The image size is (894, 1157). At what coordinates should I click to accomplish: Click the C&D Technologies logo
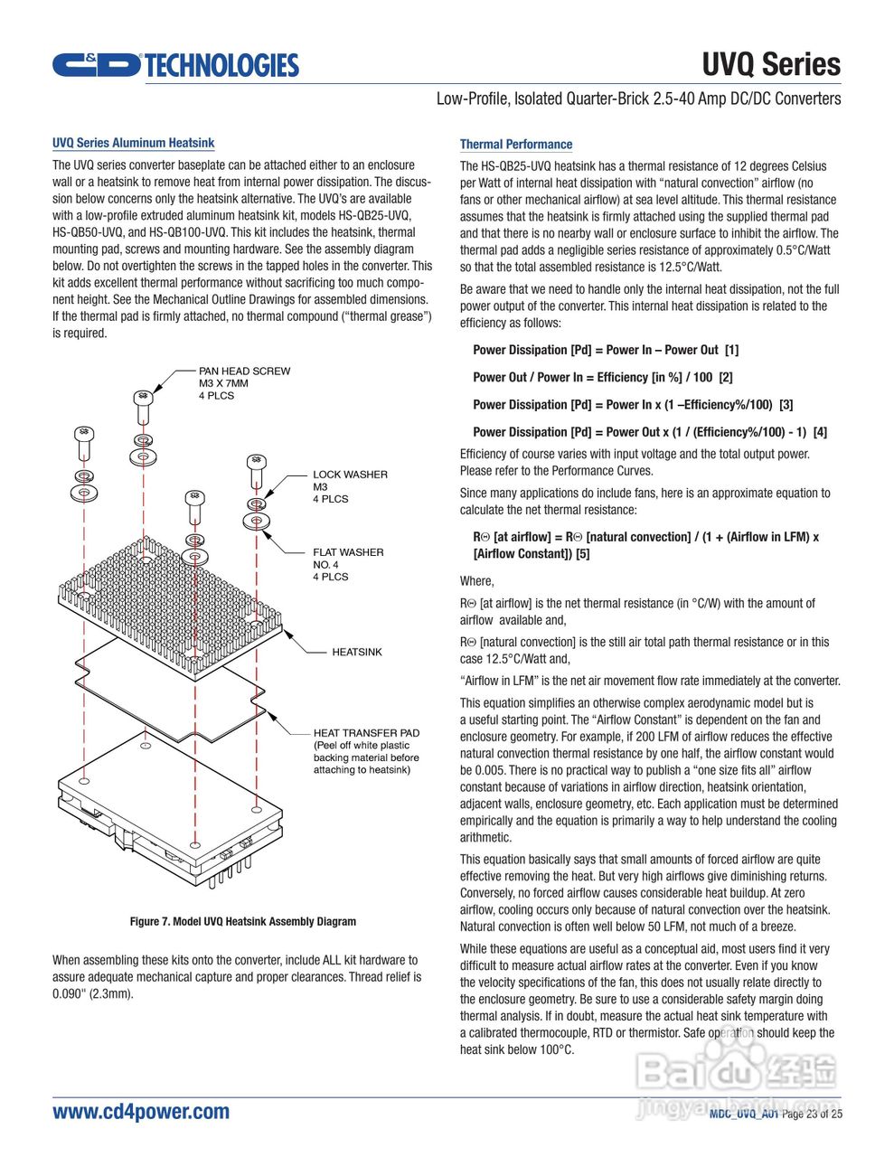click(x=174, y=65)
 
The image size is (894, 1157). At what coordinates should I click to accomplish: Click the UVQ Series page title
click(x=771, y=64)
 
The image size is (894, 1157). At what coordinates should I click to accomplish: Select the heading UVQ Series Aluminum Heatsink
click(x=133, y=143)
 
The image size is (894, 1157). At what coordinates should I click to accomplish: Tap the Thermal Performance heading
click(x=515, y=145)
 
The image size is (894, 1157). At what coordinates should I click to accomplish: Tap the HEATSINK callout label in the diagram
click(x=356, y=652)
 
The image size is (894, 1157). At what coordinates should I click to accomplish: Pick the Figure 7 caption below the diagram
click(x=242, y=922)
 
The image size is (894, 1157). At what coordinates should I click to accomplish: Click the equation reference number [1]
click(x=731, y=351)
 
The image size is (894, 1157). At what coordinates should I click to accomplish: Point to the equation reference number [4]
click(x=819, y=432)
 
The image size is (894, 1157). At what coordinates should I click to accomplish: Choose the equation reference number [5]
click(x=582, y=554)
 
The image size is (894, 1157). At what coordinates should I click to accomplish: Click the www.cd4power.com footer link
click(x=141, y=1112)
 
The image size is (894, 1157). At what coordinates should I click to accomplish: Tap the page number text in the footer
click(x=811, y=1115)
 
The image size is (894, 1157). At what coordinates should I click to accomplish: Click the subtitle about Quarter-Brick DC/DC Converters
click(x=638, y=99)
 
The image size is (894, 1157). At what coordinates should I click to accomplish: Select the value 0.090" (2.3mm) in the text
click(x=92, y=994)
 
